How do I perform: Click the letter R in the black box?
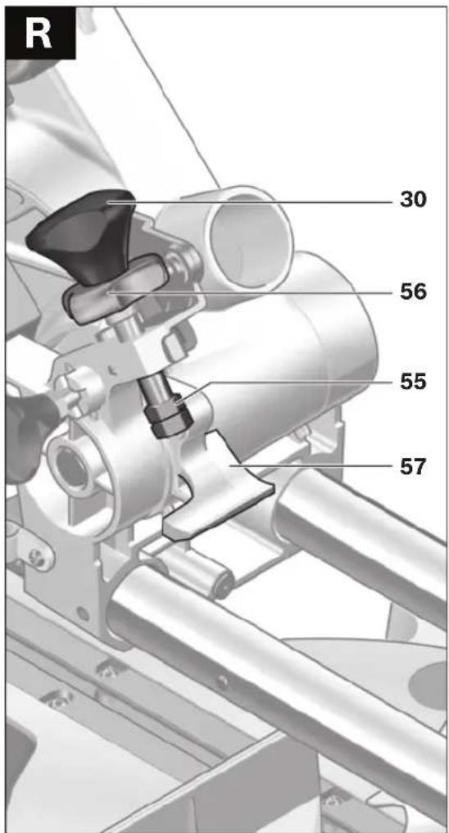39,33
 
